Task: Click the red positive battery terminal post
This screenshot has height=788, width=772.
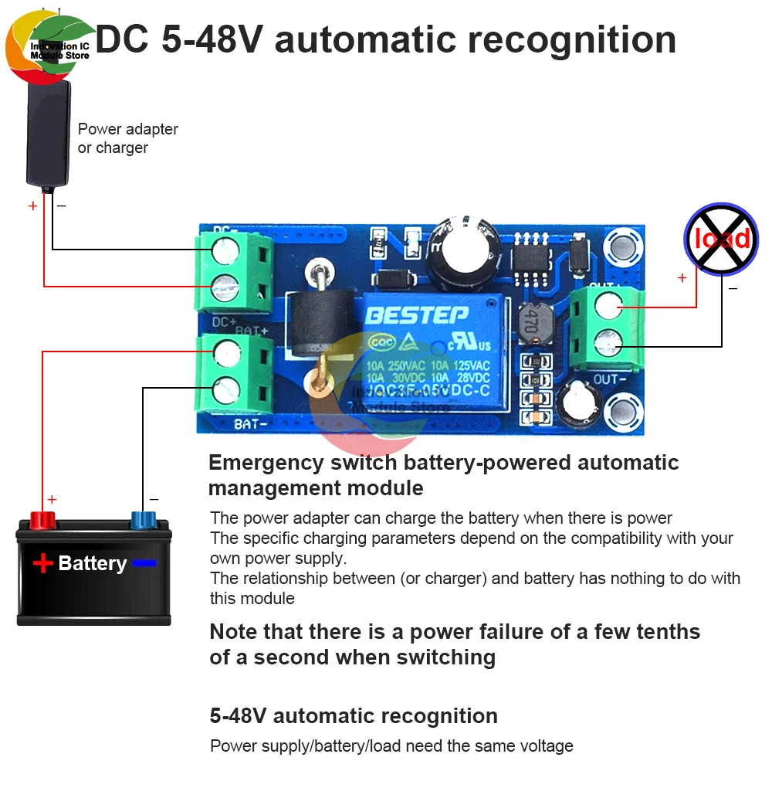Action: click(x=39, y=520)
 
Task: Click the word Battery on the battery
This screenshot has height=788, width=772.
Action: click(x=93, y=563)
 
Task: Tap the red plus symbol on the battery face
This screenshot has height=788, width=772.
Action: click(x=42, y=564)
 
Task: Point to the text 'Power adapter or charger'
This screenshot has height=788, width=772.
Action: click(x=127, y=138)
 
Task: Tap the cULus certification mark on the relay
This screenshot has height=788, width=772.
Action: click(x=473, y=342)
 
